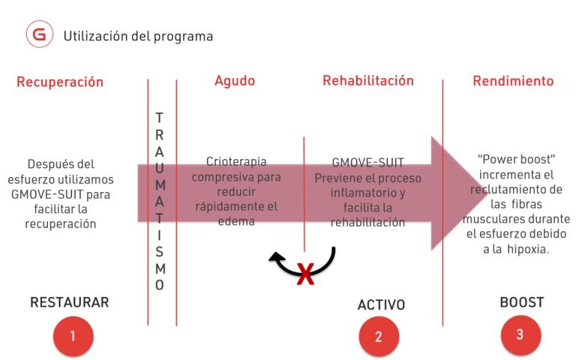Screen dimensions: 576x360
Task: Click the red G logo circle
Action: (40, 34)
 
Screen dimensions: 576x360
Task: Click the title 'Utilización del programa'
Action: (138, 36)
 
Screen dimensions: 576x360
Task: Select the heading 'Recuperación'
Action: (60, 82)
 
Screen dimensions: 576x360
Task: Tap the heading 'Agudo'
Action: (235, 81)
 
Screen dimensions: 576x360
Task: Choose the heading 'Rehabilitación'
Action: (368, 80)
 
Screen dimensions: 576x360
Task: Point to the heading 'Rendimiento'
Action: (513, 81)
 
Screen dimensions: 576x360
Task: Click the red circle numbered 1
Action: (73, 336)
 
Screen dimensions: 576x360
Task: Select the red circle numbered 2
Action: (379, 337)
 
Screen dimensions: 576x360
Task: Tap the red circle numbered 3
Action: (520, 335)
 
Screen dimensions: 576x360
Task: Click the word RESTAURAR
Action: (70, 302)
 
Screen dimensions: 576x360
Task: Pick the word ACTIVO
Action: (381, 305)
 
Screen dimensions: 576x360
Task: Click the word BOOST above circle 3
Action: (522, 302)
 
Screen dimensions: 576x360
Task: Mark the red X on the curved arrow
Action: (305, 274)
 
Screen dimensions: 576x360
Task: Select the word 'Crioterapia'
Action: (236, 161)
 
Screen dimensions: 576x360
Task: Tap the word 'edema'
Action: (236, 221)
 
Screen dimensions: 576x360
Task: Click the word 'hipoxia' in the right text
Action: (528, 249)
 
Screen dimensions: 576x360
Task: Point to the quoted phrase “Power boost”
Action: (516, 160)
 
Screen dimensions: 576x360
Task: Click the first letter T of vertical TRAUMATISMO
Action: (159, 118)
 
